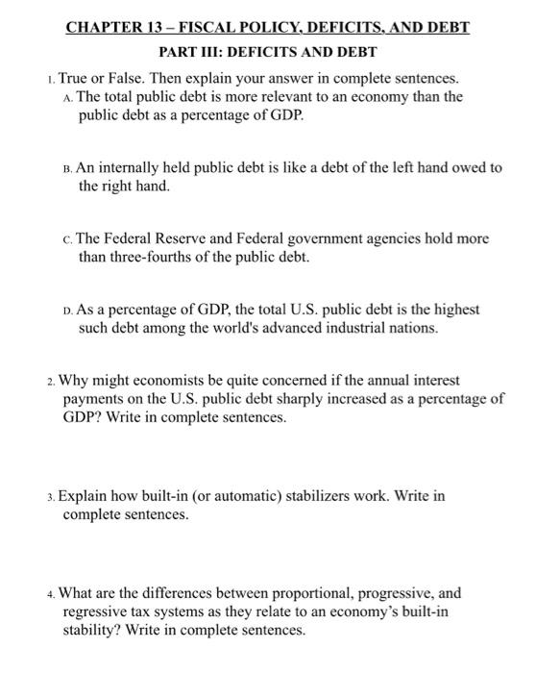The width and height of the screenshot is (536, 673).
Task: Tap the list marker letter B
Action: click(69, 167)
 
